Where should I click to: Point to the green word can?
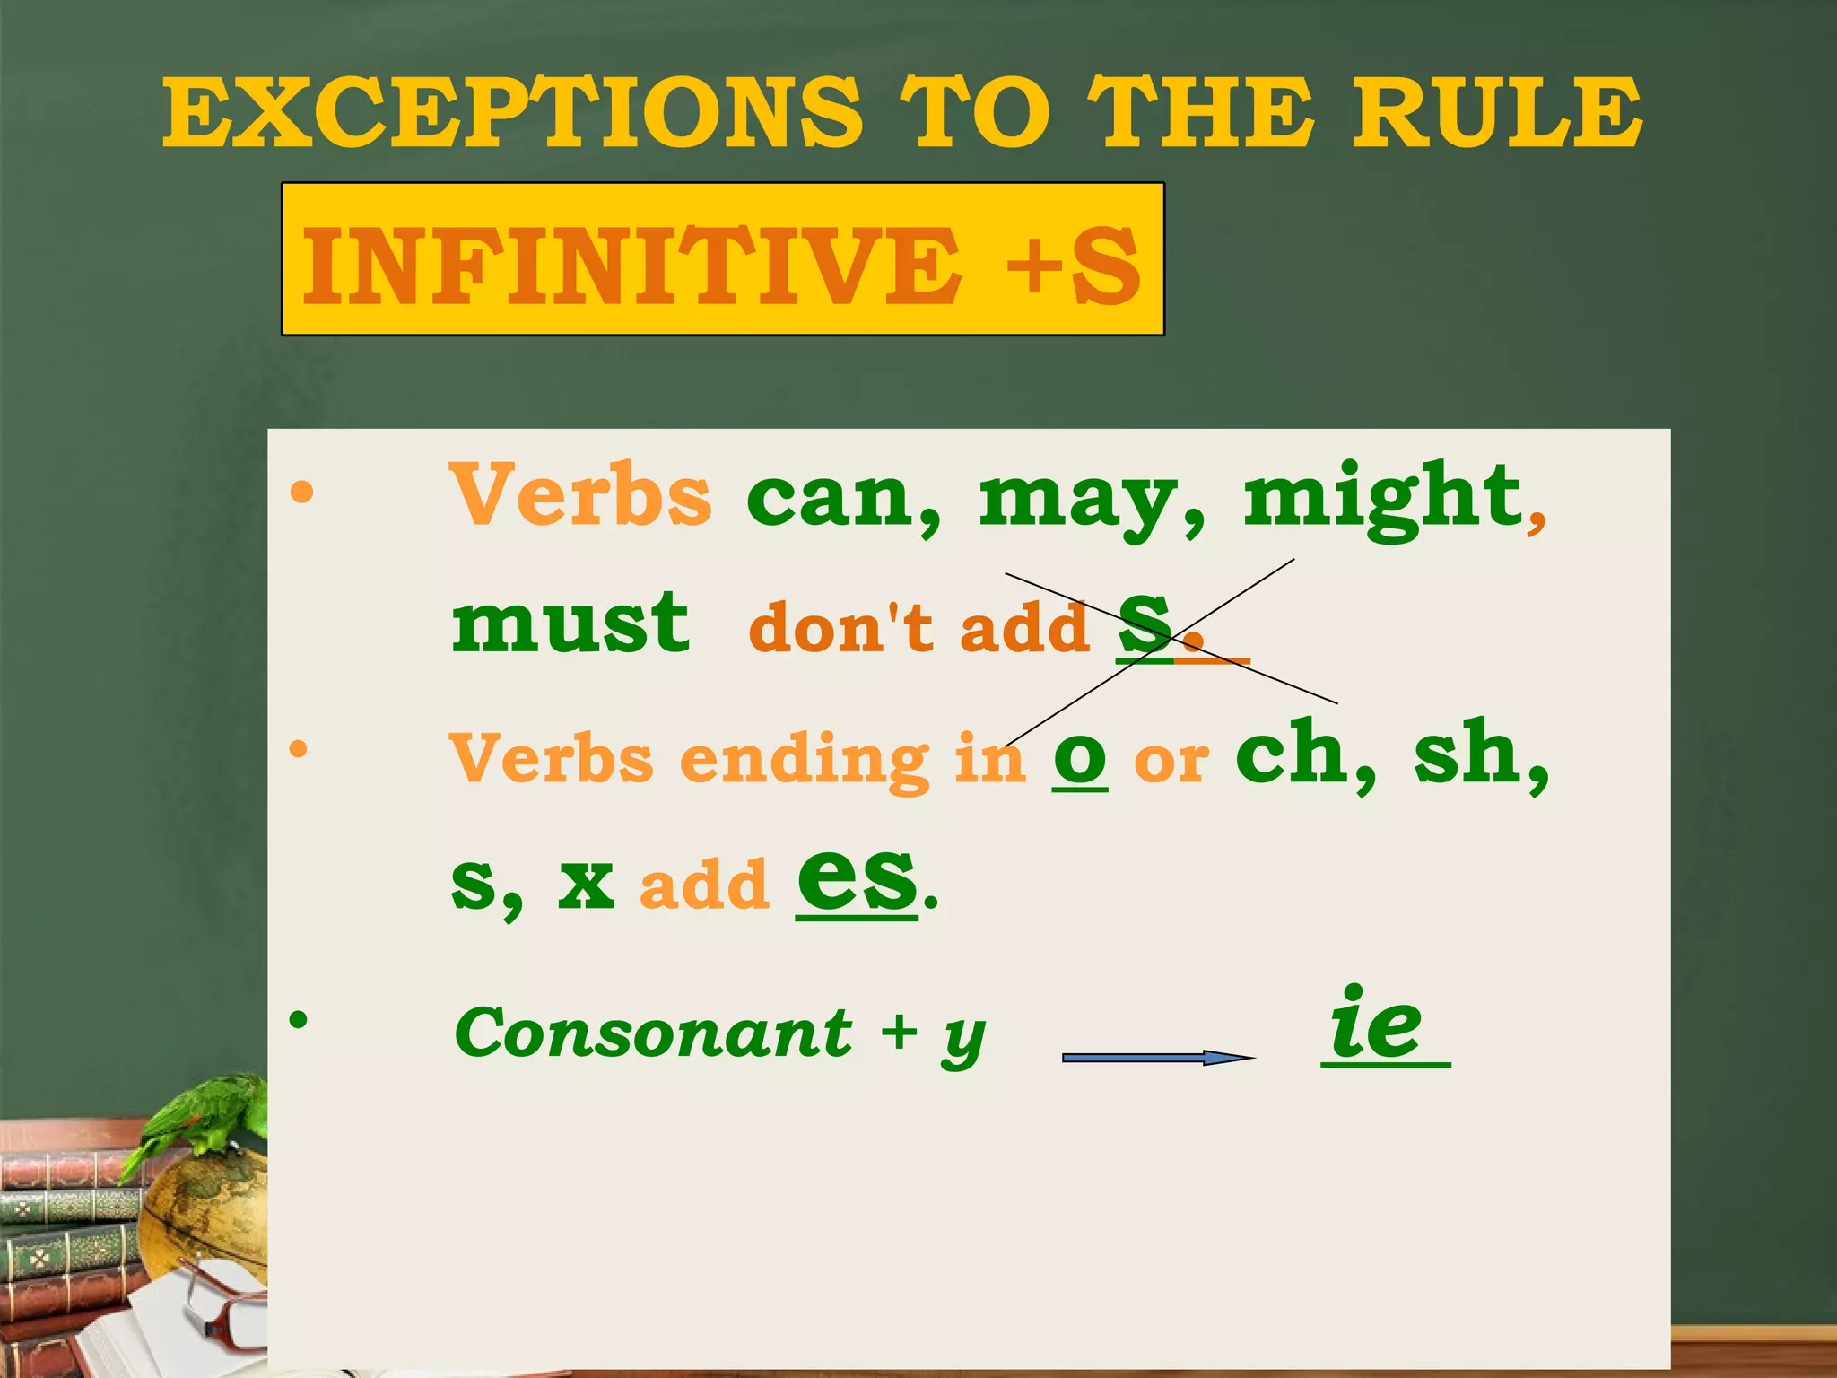(x=840, y=499)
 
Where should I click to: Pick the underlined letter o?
(x=1080, y=759)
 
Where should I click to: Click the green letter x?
(x=586, y=883)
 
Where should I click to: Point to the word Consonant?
(x=653, y=1033)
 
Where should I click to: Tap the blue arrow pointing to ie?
(x=1157, y=1058)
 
